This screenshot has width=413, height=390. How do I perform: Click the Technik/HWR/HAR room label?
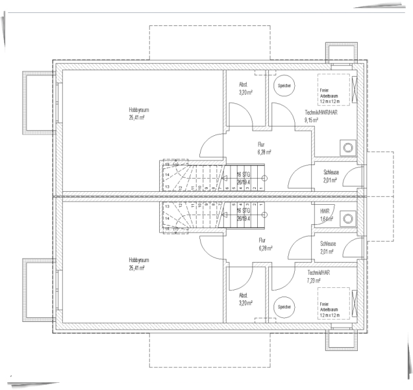point(321,112)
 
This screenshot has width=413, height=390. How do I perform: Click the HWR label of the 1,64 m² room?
point(325,212)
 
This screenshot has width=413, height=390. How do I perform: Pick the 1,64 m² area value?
point(326,219)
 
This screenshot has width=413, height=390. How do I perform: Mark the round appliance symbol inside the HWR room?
point(349,216)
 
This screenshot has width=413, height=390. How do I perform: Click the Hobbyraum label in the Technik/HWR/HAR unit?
point(139,110)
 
